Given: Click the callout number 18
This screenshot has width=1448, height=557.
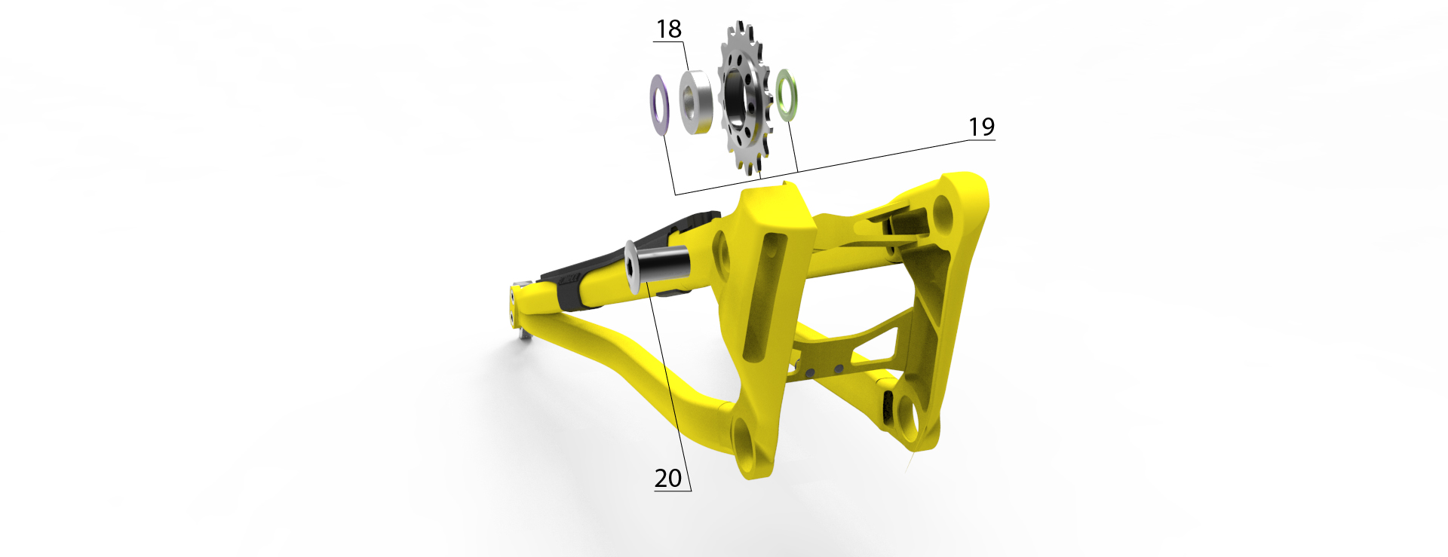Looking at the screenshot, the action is tap(669, 29).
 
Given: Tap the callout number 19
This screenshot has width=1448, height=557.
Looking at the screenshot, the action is tap(981, 127).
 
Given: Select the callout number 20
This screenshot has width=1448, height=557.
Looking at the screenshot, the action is tap(668, 478).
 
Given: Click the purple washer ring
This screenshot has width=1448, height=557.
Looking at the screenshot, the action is tap(660, 105).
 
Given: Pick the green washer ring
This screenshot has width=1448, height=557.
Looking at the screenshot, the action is tap(787, 94).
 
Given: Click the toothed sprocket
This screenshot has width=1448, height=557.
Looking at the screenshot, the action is tap(745, 98).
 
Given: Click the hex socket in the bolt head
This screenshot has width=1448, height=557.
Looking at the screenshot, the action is tap(632, 267).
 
